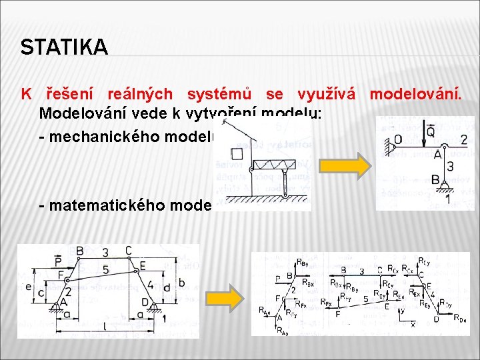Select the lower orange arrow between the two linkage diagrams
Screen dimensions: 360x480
(x=223, y=299)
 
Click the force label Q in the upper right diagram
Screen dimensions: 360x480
(x=431, y=133)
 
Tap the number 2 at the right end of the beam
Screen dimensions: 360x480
(x=463, y=140)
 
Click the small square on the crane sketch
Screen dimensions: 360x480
(x=236, y=154)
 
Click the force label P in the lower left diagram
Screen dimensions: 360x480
(x=59, y=260)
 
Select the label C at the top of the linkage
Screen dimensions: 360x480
(x=128, y=251)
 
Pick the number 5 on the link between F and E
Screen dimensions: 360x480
(x=105, y=269)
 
